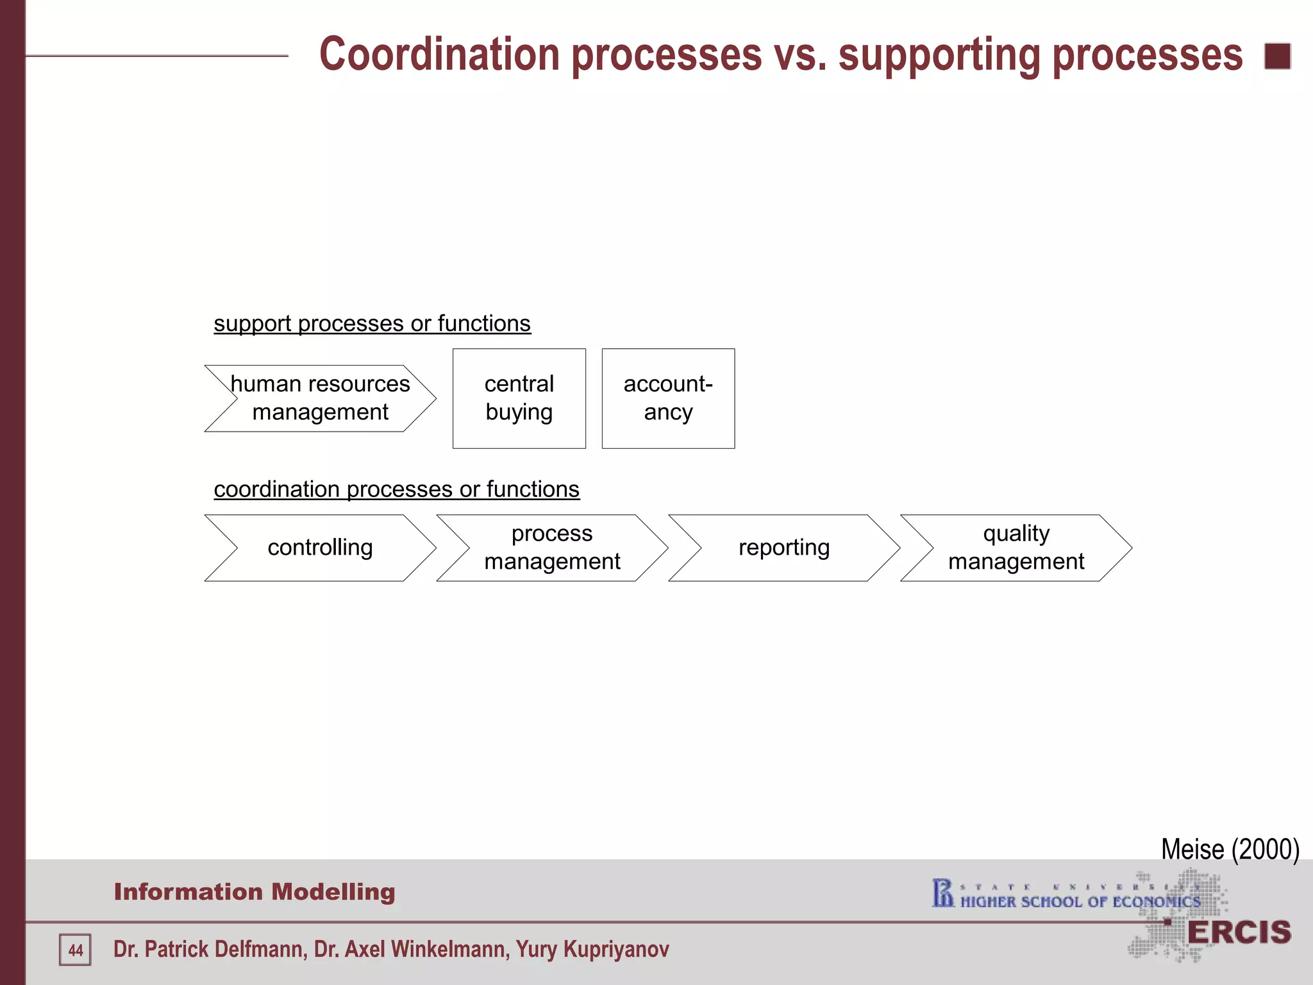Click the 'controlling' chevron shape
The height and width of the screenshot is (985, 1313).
click(x=320, y=548)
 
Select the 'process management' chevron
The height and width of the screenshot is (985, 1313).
click(x=552, y=548)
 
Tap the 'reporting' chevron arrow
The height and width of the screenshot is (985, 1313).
click(x=783, y=548)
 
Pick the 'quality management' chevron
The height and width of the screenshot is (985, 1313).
click(x=1016, y=548)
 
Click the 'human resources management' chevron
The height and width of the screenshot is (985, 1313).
click(x=320, y=398)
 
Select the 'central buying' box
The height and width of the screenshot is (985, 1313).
click(x=519, y=398)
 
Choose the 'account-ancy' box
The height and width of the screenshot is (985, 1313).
click(x=668, y=398)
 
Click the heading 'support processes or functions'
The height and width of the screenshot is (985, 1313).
click(x=372, y=324)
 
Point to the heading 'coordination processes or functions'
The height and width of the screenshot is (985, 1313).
click(x=396, y=489)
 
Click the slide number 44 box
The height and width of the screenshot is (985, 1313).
click(x=75, y=950)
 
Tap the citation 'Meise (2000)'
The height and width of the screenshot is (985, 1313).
click(x=1230, y=849)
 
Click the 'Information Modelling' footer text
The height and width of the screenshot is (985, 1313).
click(x=255, y=892)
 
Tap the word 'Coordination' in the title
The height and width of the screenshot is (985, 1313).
click(x=440, y=55)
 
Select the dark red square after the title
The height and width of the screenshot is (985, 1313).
click(x=1277, y=56)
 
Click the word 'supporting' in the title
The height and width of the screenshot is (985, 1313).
click(x=939, y=55)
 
